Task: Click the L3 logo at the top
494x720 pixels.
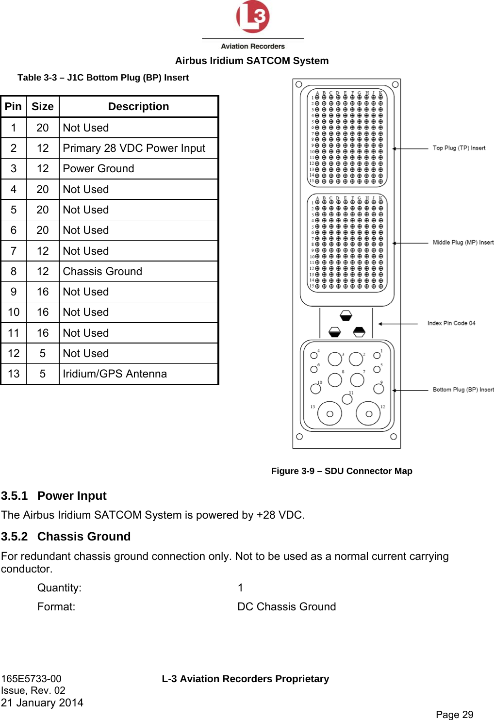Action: click(252, 17)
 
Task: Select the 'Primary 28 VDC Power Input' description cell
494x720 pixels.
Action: click(134, 148)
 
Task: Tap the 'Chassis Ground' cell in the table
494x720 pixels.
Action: click(102, 272)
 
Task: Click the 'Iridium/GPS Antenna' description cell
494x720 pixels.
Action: click(115, 374)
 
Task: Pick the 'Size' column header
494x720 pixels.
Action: click(43, 107)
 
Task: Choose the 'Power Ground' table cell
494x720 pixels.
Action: click(99, 169)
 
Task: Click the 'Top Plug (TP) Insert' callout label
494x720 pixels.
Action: click(459, 148)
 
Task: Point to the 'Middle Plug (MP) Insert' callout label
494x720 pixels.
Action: click(463, 243)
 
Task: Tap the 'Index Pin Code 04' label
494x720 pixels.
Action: click(451, 323)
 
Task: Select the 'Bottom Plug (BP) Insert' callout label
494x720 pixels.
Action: click(463, 390)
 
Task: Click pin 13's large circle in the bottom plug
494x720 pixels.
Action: click(329, 414)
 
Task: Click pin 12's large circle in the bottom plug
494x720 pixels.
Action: click(368, 414)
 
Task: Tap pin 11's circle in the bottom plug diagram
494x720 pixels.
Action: click(347, 399)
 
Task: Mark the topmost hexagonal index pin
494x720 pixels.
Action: click(346, 316)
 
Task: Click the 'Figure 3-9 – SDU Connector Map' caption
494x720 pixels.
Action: click(342, 471)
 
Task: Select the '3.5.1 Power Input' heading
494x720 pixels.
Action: click(54, 496)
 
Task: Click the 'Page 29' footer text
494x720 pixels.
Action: click(454, 714)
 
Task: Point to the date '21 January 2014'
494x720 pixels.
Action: click(42, 703)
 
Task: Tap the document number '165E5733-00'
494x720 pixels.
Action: click(32, 679)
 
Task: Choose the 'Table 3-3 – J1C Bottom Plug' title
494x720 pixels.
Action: click(103, 78)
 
